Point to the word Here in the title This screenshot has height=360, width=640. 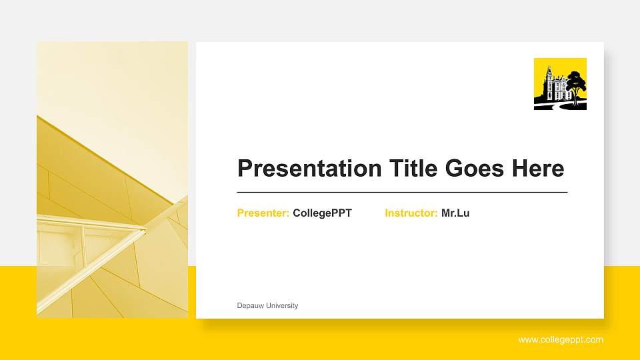coord(538,168)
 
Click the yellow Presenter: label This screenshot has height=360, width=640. coord(263,213)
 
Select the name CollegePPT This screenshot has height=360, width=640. coord(322,213)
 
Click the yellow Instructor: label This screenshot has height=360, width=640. coord(411,213)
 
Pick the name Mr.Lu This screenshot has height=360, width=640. coord(455,213)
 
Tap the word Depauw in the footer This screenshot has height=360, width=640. coord(251,306)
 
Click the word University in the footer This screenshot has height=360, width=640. coord(282,306)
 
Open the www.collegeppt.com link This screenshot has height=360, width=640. coord(561,340)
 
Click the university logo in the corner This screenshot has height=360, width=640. coord(560,84)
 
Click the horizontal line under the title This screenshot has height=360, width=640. coord(402,192)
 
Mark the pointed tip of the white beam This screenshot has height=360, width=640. coord(144,230)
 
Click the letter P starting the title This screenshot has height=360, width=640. coord(245,168)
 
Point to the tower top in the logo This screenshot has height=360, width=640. coord(549,69)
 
